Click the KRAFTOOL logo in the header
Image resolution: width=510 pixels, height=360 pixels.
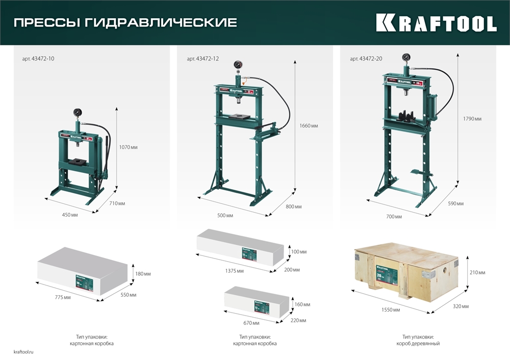click(x=436, y=23)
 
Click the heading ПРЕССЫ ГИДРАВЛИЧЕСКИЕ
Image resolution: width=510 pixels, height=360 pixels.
click(x=125, y=23)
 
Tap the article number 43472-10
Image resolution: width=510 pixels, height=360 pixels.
click(x=38, y=59)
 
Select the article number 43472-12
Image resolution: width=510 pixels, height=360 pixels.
click(x=202, y=59)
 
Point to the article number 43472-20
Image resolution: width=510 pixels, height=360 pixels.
click(x=366, y=59)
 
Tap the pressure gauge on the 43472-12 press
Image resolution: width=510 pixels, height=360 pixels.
click(x=238, y=65)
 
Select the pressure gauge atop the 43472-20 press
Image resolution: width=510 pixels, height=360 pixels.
click(x=406, y=57)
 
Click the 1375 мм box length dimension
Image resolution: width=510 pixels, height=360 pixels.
click(x=235, y=271)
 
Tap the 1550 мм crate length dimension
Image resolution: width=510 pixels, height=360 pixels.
click(x=390, y=310)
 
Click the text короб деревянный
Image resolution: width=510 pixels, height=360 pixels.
click(x=418, y=344)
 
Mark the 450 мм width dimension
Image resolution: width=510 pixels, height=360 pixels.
click(x=70, y=215)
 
